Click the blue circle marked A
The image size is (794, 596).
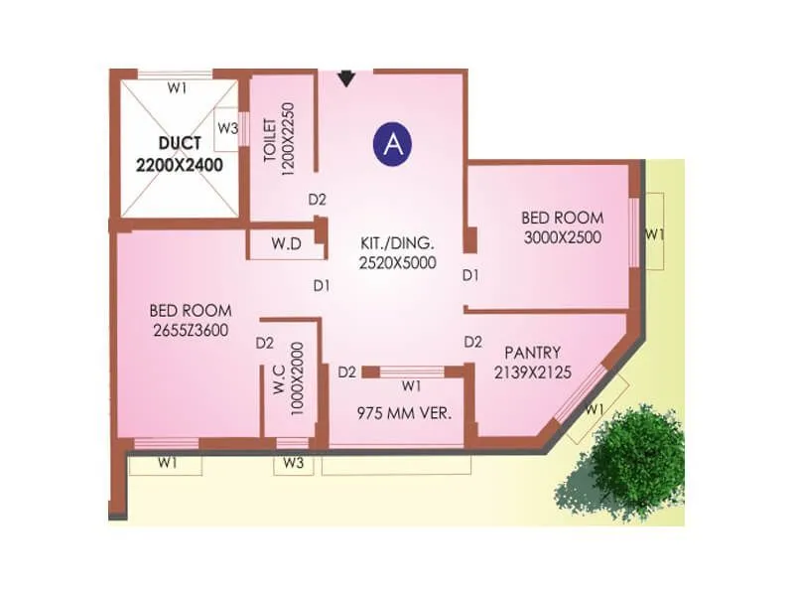[x=393, y=144]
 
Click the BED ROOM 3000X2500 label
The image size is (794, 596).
[x=562, y=227]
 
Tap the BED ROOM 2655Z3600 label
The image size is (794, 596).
[x=191, y=319]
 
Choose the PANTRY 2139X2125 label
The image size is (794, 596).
[x=533, y=362]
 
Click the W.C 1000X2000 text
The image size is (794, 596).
[x=288, y=377]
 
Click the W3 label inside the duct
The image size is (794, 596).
[x=227, y=127]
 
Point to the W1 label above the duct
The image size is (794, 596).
[x=177, y=87]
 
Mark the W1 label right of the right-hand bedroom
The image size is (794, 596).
[x=654, y=234]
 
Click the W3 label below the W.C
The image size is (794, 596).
[x=292, y=462]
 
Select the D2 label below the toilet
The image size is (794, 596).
[x=317, y=199]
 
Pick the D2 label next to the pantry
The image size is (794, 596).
[x=473, y=342]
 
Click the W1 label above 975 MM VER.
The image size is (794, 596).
[x=411, y=384]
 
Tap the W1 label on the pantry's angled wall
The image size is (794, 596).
[x=595, y=408]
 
